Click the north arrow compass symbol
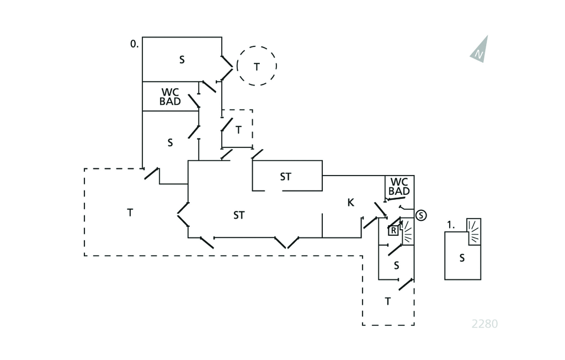coord(480,50)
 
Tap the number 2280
coord(484,324)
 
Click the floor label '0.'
coord(134,43)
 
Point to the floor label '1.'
coord(451,225)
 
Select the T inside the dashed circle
coord(257,66)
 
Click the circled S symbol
coord(421,215)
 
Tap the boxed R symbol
coord(393,231)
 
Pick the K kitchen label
coord(350,203)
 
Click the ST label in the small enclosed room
coord(285,177)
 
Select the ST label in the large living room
coord(238,215)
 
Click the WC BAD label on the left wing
coord(170,97)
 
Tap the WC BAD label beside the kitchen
coord(399,187)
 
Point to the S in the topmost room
coord(182,60)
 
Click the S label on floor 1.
coord(462,258)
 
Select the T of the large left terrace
coord(130,213)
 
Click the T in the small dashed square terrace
coord(238,130)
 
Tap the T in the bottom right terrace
coord(388,301)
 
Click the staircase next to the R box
coord(407,231)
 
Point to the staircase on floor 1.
coord(474,227)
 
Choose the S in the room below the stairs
coord(396,266)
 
